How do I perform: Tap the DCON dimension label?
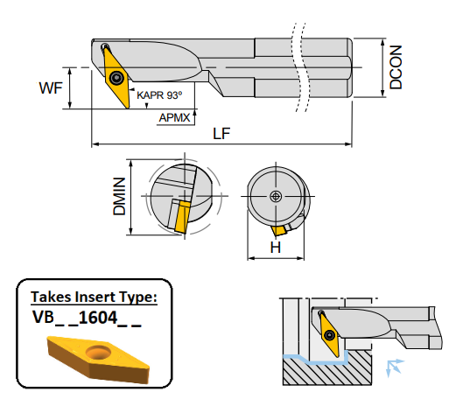396,68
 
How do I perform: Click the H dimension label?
275,248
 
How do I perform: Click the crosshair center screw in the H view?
277,196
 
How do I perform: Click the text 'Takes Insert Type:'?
94,297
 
